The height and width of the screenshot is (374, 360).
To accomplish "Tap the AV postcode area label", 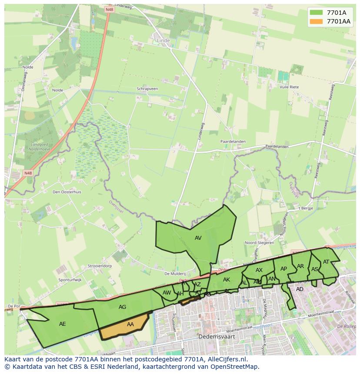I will (198, 238).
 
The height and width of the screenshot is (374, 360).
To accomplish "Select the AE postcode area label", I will (63, 324).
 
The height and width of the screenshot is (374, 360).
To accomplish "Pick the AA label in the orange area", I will (130, 324).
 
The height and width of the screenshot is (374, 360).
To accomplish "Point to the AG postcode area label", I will (123, 307).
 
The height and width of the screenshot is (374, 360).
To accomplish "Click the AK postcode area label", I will (227, 280).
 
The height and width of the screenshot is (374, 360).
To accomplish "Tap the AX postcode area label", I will (259, 270).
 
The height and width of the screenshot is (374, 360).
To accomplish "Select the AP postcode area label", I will (284, 269).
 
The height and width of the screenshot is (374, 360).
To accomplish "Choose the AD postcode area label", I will (300, 289).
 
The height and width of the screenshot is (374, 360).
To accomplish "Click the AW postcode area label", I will (167, 293).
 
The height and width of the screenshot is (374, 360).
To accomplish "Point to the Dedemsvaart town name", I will (214, 337).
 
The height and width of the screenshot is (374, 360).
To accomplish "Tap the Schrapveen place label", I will (147, 89).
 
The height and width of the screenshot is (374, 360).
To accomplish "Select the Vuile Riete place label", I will (290, 87).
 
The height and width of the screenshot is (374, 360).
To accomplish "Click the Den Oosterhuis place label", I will (67, 192).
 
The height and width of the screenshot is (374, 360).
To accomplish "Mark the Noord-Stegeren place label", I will (260, 243).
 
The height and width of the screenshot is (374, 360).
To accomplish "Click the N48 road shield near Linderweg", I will (109, 9).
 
